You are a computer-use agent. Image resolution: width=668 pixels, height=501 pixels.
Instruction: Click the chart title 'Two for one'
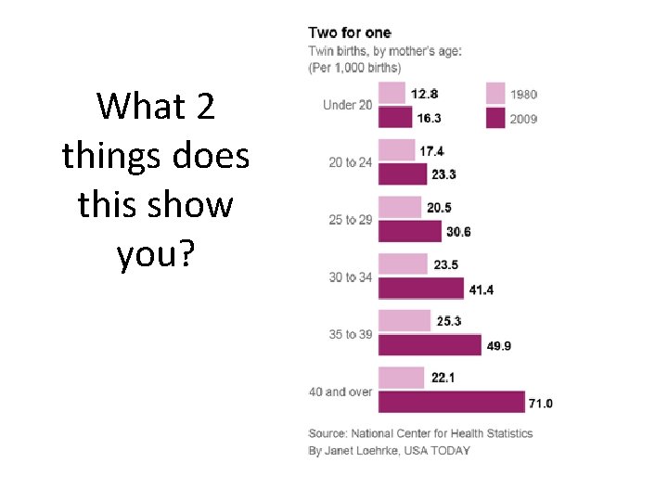pos(350,32)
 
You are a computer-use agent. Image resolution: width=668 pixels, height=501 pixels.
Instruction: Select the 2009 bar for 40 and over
pos(452,402)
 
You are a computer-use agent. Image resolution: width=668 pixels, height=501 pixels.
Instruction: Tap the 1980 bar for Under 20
pos(392,93)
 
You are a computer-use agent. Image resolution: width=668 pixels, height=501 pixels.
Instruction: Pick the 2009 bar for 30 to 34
pos(421,289)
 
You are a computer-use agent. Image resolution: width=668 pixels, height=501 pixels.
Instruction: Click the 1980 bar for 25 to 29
pos(400,208)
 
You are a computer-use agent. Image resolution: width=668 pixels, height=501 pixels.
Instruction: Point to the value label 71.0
pos(541,404)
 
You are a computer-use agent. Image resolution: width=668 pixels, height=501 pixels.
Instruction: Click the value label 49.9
pos(499,346)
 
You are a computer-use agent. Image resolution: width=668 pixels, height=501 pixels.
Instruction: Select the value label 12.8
pos(424,94)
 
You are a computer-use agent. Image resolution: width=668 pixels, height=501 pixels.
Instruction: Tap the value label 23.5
pos(446,265)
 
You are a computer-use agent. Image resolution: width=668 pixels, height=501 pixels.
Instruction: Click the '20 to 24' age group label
pos(350,162)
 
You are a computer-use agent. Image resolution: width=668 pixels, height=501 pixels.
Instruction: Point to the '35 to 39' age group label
pos(350,334)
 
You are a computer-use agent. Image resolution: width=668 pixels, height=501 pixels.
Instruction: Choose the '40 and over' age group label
pos(340,392)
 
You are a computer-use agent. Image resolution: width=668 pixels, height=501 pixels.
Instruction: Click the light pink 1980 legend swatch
pos(495,94)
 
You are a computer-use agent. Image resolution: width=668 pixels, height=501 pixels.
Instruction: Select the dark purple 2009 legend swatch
pos(495,118)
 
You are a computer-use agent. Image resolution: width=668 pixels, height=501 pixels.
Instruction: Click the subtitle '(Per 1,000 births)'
pos(354,68)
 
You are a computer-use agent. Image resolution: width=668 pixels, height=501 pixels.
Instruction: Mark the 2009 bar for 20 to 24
pos(403,174)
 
